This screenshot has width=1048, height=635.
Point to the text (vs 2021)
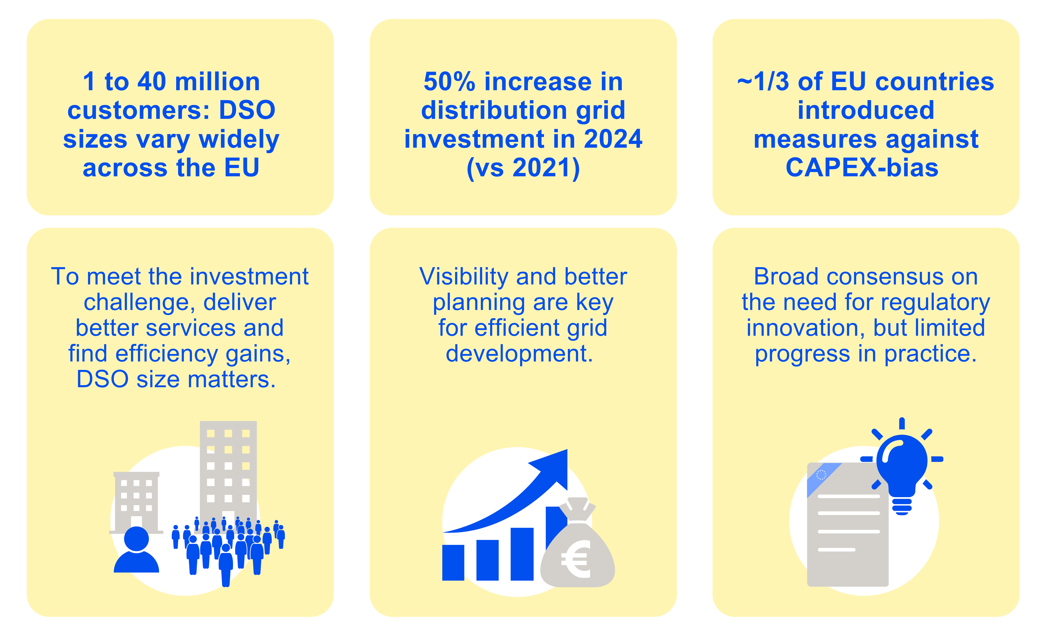coord(523,168)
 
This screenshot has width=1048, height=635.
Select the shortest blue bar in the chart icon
coord(453,562)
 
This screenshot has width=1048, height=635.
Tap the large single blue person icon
coord(136,551)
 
